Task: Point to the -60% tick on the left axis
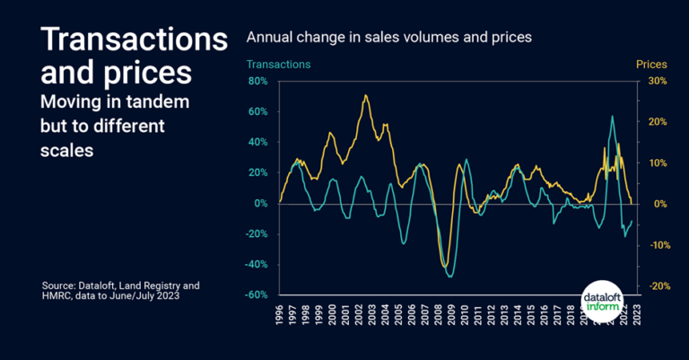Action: (257, 294)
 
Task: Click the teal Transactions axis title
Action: (278, 65)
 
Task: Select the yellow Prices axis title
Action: (651, 65)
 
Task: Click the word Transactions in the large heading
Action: (135, 40)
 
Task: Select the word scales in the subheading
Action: (67, 151)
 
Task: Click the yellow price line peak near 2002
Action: (365, 95)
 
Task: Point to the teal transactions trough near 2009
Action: (449, 277)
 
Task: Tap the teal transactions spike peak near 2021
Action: (612, 116)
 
